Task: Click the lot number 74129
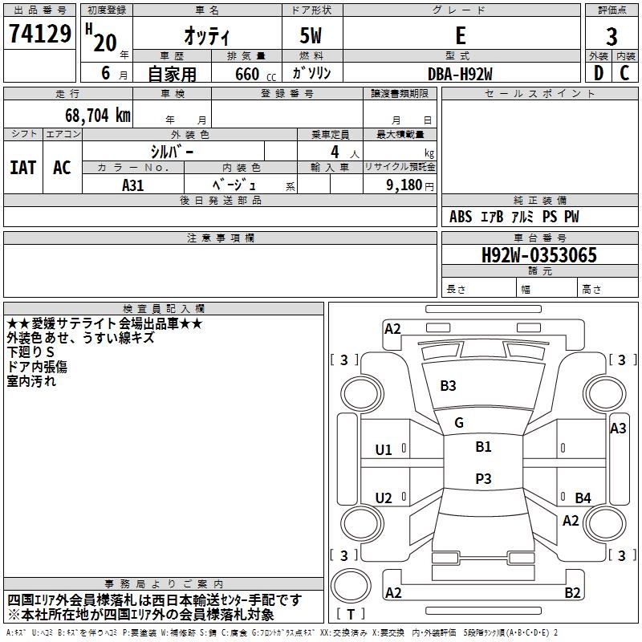39,34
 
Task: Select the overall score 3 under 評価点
612,37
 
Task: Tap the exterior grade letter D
599,73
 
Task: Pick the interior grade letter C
624,73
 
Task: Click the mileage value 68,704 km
98,116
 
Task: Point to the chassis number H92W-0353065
539,255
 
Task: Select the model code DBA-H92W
460,74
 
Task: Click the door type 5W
311,35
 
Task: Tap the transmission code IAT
23,168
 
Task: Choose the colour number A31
132,185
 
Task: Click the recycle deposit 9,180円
410,185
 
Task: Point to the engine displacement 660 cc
255,75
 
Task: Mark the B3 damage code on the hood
448,386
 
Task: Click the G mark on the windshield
459,423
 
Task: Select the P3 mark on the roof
483,478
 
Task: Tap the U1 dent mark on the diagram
384,450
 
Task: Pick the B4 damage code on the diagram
583,498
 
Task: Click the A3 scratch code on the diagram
618,429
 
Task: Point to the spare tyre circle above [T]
351,586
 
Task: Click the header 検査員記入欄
164,309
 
